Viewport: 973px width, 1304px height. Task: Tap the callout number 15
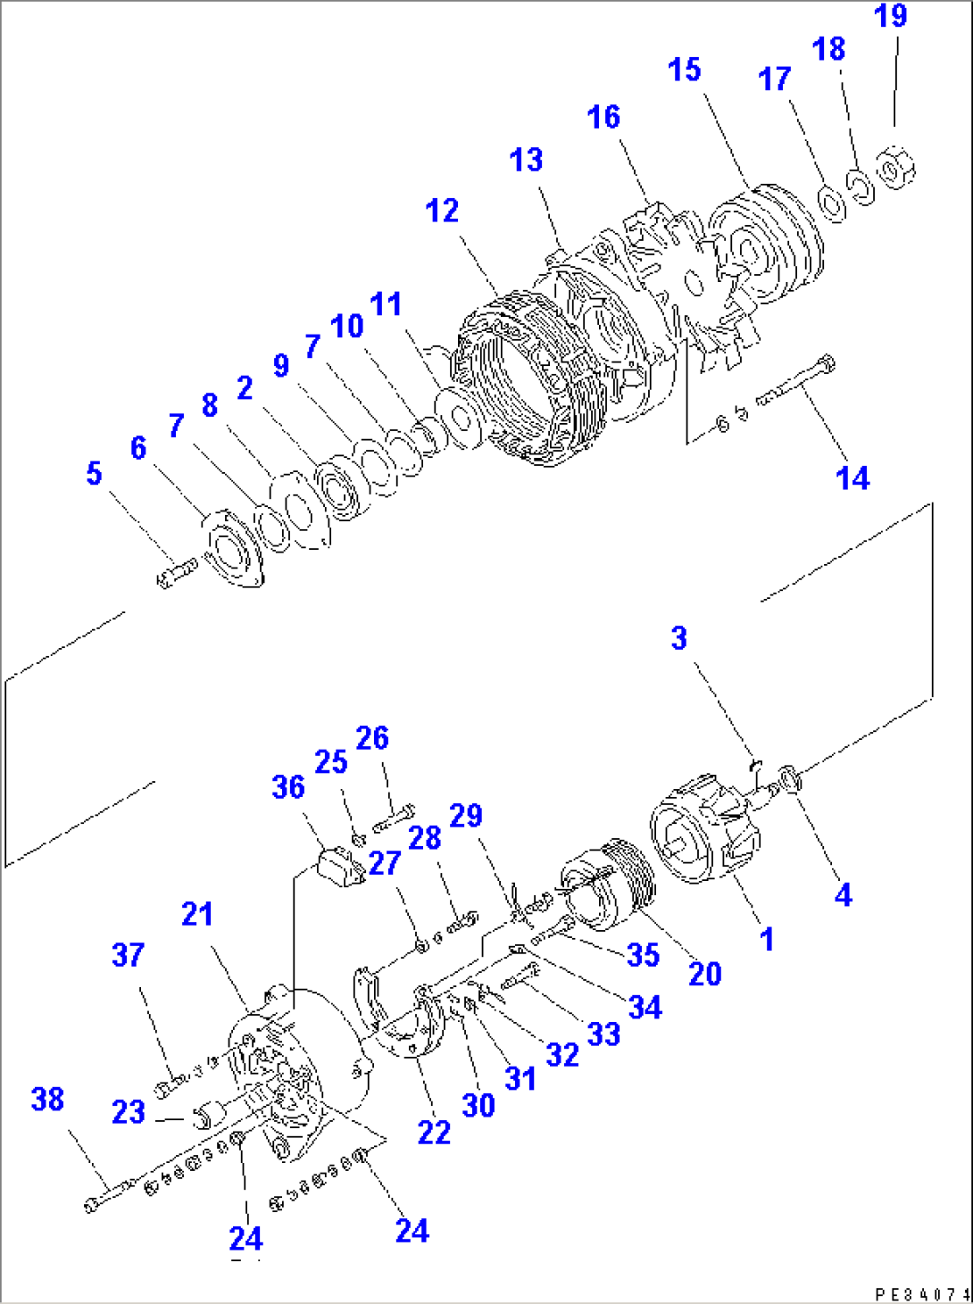685,70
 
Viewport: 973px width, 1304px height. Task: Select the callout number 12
442,211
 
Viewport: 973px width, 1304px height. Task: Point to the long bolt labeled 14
797,384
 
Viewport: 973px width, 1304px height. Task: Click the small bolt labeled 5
176,572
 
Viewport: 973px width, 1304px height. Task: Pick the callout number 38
47,1099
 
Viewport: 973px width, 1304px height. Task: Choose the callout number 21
197,914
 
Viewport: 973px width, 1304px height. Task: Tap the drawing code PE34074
922,1293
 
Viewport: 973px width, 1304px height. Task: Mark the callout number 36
288,787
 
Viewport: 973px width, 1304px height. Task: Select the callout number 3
679,638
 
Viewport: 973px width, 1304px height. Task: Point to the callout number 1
766,939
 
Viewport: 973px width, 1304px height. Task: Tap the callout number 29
466,815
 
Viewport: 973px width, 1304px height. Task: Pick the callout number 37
128,955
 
